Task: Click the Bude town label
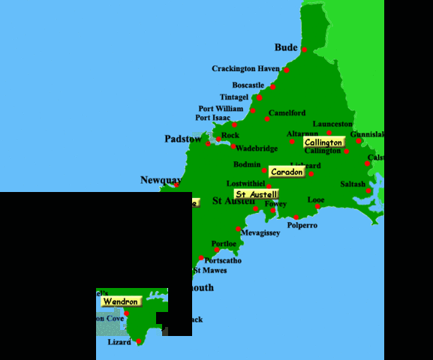[x=286, y=47]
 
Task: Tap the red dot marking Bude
[x=305, y=50]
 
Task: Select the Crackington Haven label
[x=245, y=69]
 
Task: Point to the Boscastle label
[x=248, y=85]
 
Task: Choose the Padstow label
[x=183, y=139]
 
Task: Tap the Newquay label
[x=161, y=180]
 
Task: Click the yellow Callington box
[x=323, y=142]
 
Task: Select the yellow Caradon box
[x=287, y=172]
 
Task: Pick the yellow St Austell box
[x=257, y=194]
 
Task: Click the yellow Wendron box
[x=121, y=301]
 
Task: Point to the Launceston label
[x=332, y=124]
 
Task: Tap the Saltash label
[x=353, y=184]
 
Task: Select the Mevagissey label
[x=260, y=233]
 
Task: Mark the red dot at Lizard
[x=139, y=341]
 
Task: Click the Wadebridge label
[x=257, y=148]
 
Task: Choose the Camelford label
[x=287, y=113]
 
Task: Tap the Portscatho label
[x=224, y=261]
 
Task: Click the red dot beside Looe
[x=317, y=206]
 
